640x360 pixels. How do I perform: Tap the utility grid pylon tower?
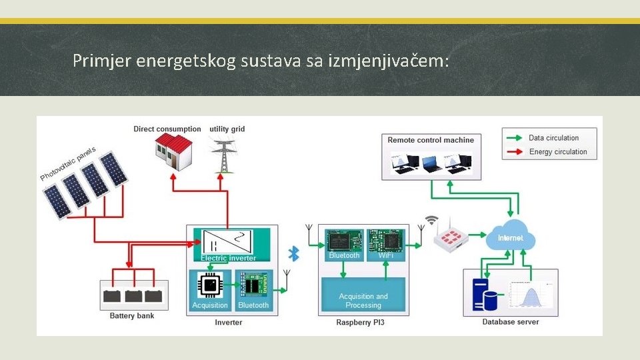click(x=221, y=155)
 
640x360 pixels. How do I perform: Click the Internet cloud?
click(x=510, y=237)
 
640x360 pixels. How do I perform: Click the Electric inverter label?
click(x=228, y=258)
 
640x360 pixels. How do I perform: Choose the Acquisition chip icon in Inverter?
click(x=210, y=285)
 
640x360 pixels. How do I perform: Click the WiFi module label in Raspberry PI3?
click(x=386, y=255)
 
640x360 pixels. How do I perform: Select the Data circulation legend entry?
click(x=553, y=138)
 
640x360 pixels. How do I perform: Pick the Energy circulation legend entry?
click(x=557, y=151)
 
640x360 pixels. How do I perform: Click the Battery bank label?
click(x=132, y=316)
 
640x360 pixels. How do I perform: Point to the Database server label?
click(x=510, y=322)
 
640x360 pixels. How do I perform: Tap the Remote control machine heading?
click(x=431, y=140)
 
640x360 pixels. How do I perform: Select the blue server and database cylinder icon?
click(x=485, y=295)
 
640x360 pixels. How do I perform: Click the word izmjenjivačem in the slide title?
click(x=389, y=62)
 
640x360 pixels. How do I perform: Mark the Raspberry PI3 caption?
click(x=360, y=323)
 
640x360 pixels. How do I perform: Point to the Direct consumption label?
click(x=167, y=129)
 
